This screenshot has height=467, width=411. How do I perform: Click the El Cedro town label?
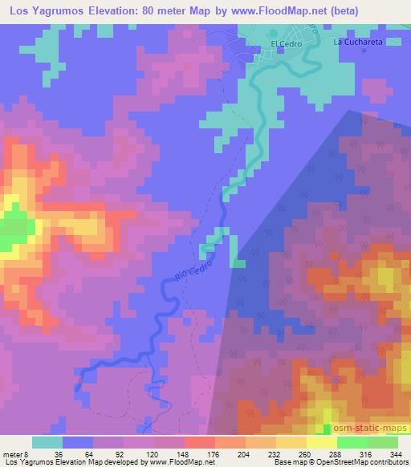pos(285,44)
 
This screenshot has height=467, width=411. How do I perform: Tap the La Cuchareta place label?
pos(356,42)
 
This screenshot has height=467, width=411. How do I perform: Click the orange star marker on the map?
pos(336,256)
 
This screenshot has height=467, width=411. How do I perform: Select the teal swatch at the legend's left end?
pos(47,442)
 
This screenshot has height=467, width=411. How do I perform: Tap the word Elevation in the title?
pos(100,11)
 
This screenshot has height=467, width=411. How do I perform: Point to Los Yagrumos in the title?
pos(37,11)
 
